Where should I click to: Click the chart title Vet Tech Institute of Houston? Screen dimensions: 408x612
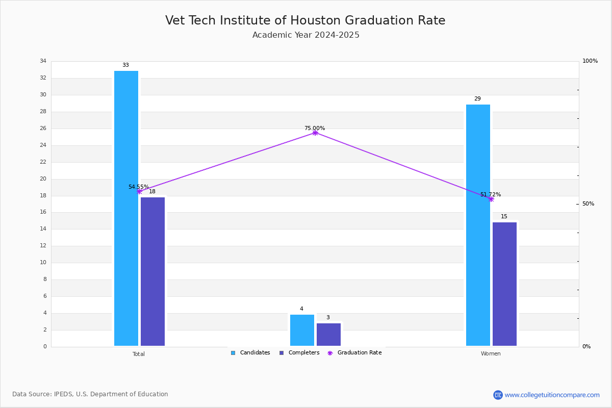305,20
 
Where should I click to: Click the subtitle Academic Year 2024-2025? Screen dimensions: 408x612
305,35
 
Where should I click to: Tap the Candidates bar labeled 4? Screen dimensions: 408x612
302,330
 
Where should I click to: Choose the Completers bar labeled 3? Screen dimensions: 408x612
328,334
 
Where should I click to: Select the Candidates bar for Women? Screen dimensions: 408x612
478,225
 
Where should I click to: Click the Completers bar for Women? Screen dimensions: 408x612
504,284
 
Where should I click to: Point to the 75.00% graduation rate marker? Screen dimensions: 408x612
315,133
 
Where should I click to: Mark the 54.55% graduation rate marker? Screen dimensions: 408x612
139,191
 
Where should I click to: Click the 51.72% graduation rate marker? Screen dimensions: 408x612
491,199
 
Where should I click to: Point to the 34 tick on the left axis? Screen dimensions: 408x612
43,61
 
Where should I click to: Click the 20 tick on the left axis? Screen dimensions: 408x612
43,179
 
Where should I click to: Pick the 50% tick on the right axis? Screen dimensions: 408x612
588,204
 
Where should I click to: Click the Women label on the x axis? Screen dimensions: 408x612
491,354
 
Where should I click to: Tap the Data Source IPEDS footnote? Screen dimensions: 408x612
90,394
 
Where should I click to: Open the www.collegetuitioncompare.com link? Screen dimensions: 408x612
552,395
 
